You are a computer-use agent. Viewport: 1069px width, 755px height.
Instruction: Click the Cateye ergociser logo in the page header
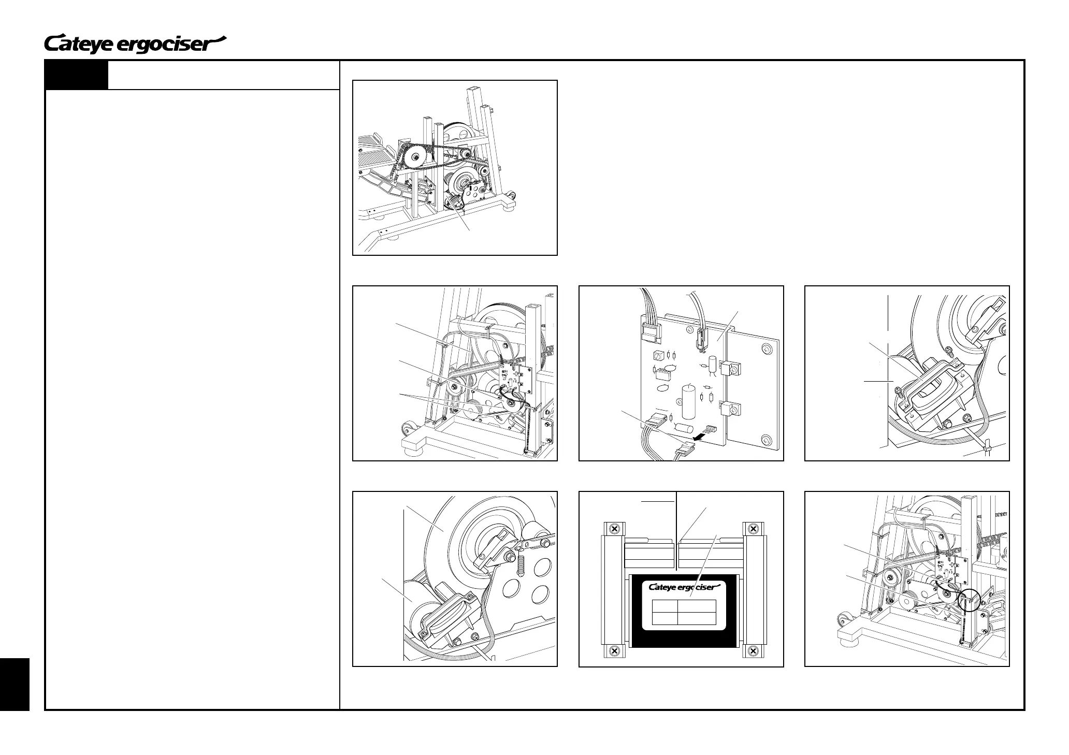[x=136, y=44]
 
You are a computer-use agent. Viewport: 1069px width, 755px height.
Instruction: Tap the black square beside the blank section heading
[x=77, y=75]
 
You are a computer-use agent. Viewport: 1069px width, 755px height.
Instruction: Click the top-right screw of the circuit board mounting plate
[x=767, y=351]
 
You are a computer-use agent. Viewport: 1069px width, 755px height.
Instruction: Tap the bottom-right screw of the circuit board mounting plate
[x=767, y=440]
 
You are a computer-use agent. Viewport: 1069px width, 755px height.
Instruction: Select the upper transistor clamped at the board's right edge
[x=734, y=368]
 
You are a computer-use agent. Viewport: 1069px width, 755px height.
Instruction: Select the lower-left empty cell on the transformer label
[x=664, y=618]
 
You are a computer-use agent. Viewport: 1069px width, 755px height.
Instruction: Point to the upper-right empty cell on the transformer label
[x=697, y=606]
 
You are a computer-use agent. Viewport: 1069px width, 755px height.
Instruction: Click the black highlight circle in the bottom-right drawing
[x=969, y=601]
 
